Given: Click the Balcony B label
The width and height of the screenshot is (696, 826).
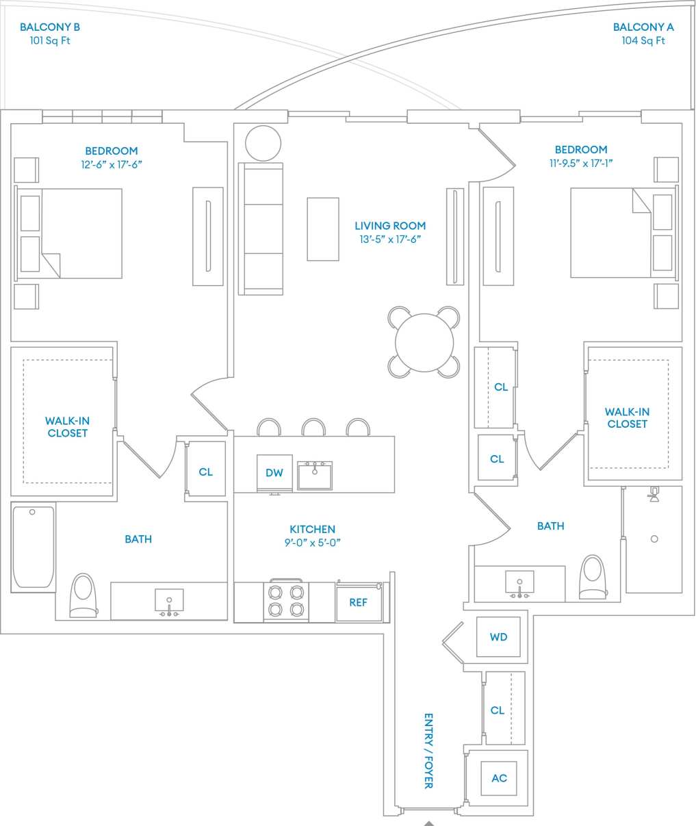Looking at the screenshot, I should [50, 27].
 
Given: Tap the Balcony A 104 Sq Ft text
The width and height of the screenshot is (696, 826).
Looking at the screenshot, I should [643, 40].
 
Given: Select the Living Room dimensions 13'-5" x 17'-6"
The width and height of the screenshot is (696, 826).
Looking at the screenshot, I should [390, 240].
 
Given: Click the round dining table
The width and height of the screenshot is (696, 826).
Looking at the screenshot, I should [424, 342].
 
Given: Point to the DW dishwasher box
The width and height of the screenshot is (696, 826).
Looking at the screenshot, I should [274, 473].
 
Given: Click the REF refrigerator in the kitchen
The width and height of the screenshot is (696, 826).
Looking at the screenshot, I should [359, 602].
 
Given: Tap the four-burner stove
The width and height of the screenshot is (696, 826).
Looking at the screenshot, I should [285, 600].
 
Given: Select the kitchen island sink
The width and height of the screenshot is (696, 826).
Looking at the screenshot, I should [315, 474].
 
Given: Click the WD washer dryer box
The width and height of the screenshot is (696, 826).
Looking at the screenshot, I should [498, 637].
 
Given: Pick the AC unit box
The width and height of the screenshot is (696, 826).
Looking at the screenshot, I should [500, 778].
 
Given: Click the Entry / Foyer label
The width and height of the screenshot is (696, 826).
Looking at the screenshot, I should [428, 751].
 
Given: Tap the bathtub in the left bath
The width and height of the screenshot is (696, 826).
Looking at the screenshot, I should [33, 547].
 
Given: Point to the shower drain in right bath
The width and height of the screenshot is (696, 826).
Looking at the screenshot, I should [654, 539].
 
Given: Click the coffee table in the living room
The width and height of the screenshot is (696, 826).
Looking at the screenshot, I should [322, 229].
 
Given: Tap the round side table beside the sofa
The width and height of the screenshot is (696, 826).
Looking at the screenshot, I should [263, 144].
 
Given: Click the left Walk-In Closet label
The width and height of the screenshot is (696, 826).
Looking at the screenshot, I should [67, 427].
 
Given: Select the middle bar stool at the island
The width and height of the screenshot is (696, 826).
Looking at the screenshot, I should [313, 428].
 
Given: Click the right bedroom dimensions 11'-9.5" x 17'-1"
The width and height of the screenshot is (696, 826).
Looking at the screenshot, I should [581, 164].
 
